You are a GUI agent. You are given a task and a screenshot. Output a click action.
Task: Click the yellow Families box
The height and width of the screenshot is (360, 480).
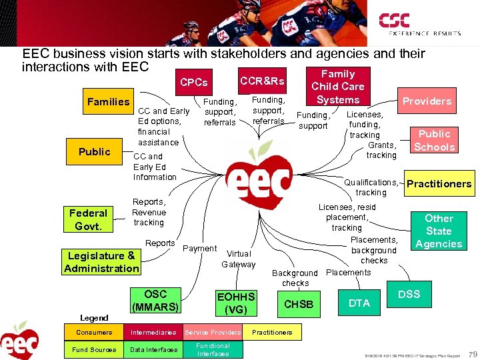pyautogui.click(x=108, y=101)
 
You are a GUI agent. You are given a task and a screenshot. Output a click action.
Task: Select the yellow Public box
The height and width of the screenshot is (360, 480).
pyautogui.click(x=94, y=151)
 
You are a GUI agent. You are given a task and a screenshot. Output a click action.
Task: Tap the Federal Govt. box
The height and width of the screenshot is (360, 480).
pyautogui.click(x=88, y=219)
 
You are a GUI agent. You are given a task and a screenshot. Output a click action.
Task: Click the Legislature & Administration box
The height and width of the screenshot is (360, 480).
pyautogui.click(x=101, y=262)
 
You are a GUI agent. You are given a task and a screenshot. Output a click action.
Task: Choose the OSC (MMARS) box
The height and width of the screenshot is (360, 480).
pyautogui.click(x=155, y=301)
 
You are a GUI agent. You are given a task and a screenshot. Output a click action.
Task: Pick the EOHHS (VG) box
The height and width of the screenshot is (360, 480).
pyautogui.click(x=236, y=303)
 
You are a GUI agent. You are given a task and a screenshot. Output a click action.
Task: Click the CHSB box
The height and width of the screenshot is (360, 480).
pyautogui.click(x=298, y=304)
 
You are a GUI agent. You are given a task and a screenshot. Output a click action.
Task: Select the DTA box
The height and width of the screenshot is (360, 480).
pyautogui.click(x=359, y=303)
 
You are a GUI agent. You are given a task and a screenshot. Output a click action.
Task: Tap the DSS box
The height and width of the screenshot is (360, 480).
pyautogui.click(x=409, y=294)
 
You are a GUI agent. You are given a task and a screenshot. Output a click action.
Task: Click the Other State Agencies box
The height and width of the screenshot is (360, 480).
pyautogui.click(x=439, y=231)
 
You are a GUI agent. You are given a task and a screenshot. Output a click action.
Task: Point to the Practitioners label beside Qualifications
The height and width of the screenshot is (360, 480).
pyautogui.click(x=439, y=183)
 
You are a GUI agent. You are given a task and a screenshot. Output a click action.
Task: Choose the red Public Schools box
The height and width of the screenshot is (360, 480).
pyautogui.click(x=435, y=140)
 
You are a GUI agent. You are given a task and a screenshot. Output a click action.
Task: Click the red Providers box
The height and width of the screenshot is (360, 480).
pyautogui.click(x=427, y=101)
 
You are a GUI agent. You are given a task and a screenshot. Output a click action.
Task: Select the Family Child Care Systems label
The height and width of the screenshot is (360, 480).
pyautogui.click(x=338, y=87)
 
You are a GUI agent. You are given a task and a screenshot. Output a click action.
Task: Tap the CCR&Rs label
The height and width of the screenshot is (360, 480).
pyautogui.click(x=262, y=81)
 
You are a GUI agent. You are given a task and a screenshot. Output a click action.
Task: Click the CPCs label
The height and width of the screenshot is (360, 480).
pyautogui.click(x=194, y=83)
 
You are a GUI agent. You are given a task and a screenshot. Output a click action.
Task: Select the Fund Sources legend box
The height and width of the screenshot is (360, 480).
pyautogui.click(x=94, y=349)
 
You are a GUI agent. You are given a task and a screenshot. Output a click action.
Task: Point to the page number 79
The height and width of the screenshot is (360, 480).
pyautogui.click(x=472, y=353)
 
